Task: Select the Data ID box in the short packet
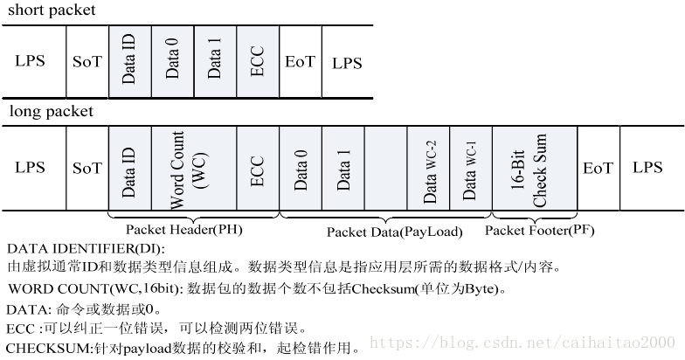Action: (x=129, y=62)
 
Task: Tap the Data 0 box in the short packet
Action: (x=172, y=62)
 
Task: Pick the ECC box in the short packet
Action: (x=257, y=62)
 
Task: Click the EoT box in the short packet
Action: (x=300, y=62)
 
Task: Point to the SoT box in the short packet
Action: (x=87, y=63)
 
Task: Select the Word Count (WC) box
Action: (x=193, y=169)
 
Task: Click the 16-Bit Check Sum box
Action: (x=534, y=169)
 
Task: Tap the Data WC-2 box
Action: (x=429, y=169)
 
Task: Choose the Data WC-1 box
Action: (x=471, y=169)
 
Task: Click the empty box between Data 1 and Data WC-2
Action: (x=386, y=169)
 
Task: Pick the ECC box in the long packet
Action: (x=257, y=169)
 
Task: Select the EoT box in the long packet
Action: (x=598, y=168)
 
